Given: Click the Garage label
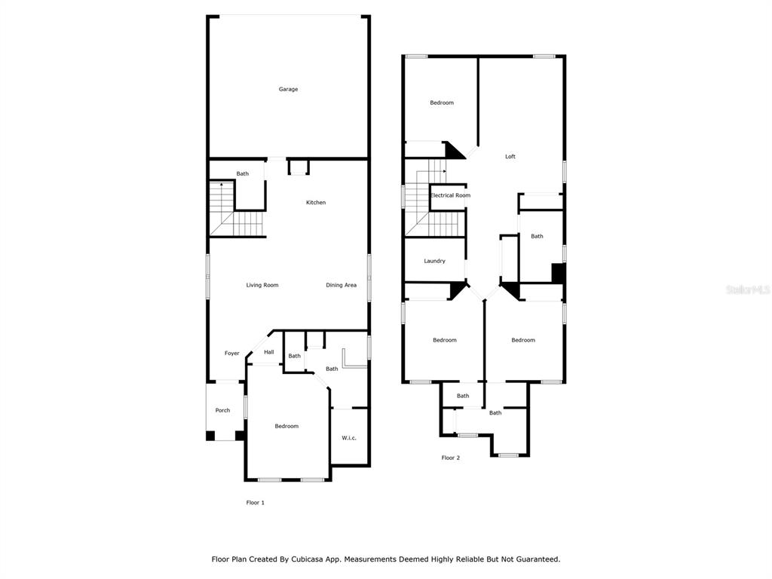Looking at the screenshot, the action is pyautogui.click(x=288, y=89).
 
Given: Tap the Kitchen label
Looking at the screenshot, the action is pyautogui.click(x=316, y=202).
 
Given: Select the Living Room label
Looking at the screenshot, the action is pyautogui.click(x=262, y=285).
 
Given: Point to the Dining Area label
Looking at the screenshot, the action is pyautogui.click(x=341, y=285).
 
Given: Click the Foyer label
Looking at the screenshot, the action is pyautogui.click(x=232, y=353).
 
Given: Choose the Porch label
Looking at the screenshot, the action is pyautogui.click(x=222, y=410).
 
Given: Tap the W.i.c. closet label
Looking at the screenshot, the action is pyautogui.click(x=348, y=438).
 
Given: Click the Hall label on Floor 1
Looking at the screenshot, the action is pyautogui.click(x=269, y=352).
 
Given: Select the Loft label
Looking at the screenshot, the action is pyautogui.click(x=510, y=157).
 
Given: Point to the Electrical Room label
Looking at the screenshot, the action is pyautogui.click(x=450, y=195).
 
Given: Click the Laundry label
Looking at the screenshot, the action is pyautogui.click(x=434, y=261).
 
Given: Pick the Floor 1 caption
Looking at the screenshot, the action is pyautogui.click(x=255, y=503).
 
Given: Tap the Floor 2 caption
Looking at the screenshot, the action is pyautogui.click(x=450, y=458).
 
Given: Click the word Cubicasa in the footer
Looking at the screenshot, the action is pyautogui.click(x=308, y=559).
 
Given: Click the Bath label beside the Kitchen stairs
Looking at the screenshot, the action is pyautogui.click(x=242, y=174).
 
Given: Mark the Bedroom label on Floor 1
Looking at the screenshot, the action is pyautogui.click(x=286, y=427).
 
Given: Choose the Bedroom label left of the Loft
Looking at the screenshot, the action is pyautogui.click(x=442, y=103).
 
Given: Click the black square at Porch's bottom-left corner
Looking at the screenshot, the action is pyautogui.click(x=210, y=436).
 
